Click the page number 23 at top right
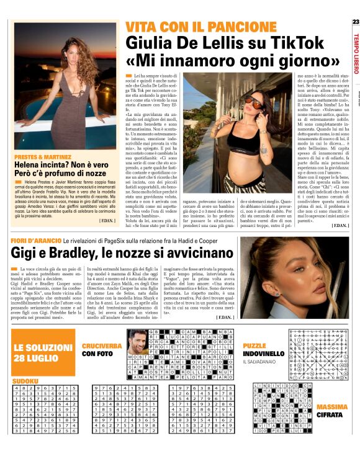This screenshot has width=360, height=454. (x=355, y=22)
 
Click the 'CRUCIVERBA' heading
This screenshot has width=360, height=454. (x=103, y=345)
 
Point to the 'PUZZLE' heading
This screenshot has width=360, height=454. (x=254, y=345)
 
